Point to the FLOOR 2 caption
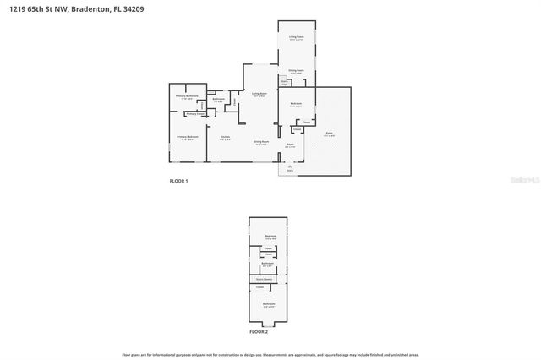(x=259, y=332)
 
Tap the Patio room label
(x=329, y=133)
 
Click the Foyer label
(x=289, y=145)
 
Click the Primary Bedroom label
(x=187, y=136)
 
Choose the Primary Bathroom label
(x=186, y=96)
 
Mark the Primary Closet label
(x=194, y=113)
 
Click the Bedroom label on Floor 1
(x=296, y=104)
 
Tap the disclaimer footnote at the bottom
(x=270, y=355)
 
